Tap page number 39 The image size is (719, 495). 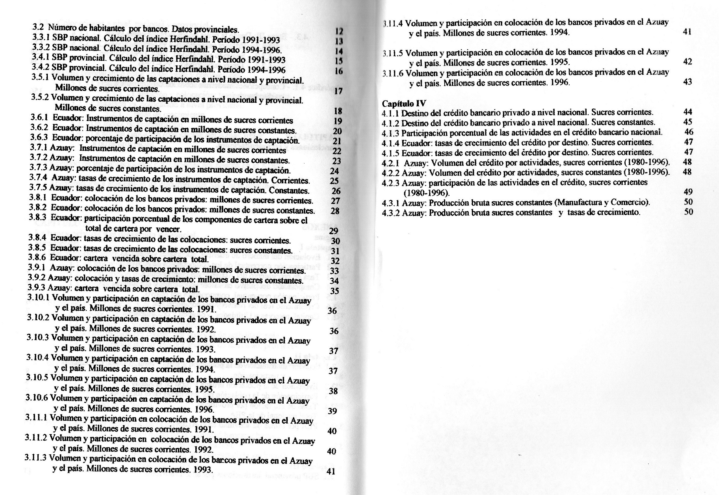(x=332, y=411)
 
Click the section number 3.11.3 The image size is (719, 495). (x=36, y=458)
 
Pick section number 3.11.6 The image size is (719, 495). (x=393, y=73)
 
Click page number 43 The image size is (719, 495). (x=687, y=82)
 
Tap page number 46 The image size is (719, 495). (x=689, y=132)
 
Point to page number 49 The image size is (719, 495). (x=688, y=192)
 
